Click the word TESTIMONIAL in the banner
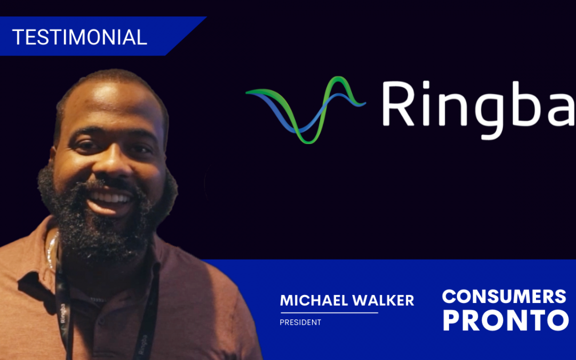tap(79, 37)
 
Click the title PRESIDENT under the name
tap(300, 323)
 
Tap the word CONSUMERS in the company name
tap(504, 297)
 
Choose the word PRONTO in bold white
tap(506, 321)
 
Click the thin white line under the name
tap(329, 313)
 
